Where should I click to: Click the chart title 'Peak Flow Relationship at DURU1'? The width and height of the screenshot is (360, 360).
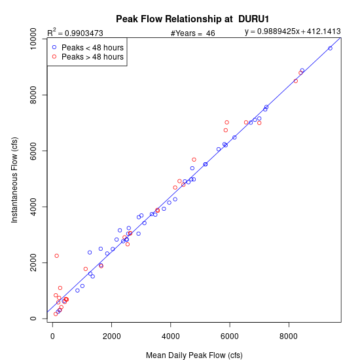pos(192,19)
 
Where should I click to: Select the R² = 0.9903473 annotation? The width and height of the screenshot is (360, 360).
pos(75,33)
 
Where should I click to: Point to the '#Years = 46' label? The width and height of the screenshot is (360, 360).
pos(192,33)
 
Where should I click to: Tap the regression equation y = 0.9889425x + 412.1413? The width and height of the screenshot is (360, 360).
pos(293,31)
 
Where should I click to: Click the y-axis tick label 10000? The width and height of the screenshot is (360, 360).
pos(33,39)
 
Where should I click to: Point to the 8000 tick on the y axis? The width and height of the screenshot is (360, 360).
pos(33,95)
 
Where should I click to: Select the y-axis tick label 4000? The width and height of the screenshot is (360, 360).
pos(33,207)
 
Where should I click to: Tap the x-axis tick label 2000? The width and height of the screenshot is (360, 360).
pos(111,336)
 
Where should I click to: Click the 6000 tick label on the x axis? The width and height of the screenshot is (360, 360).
pos(230,336)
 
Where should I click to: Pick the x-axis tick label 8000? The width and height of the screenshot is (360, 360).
pos(289,336)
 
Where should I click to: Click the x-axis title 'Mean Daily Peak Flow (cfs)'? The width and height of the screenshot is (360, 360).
pos(194,355)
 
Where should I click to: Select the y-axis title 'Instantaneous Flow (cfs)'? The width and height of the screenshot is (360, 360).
pos(14,180)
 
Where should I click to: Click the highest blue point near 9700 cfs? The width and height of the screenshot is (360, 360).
pos(330,48)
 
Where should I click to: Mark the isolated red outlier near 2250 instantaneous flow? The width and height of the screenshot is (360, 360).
pos(57,256)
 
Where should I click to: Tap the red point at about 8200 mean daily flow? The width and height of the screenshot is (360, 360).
pos(296,81)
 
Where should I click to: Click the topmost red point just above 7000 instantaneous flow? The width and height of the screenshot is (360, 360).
pos(227,122)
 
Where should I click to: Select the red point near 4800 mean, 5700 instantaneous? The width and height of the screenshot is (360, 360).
pos(194,160)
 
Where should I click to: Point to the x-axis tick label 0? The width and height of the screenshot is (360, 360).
pos(52,336)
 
